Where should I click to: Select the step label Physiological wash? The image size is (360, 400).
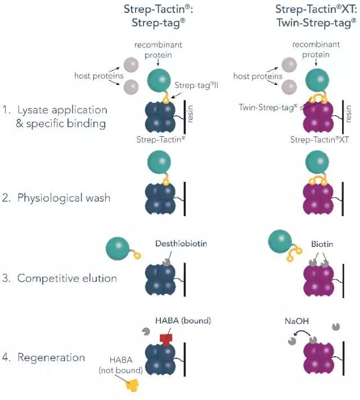point(64,198)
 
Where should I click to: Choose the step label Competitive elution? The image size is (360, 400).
point(67,278)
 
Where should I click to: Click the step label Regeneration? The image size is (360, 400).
point(51,357)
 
